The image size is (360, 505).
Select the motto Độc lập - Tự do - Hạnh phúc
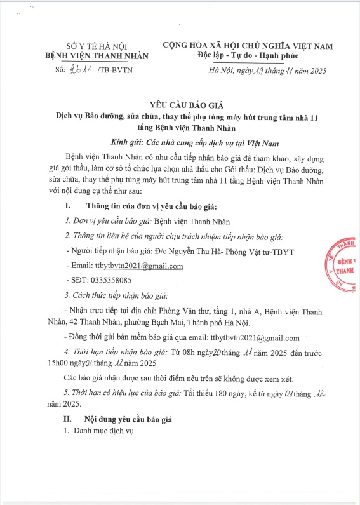click(x=247, y=56)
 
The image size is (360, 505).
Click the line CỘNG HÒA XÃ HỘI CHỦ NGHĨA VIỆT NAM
click(x=247, y=46)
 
